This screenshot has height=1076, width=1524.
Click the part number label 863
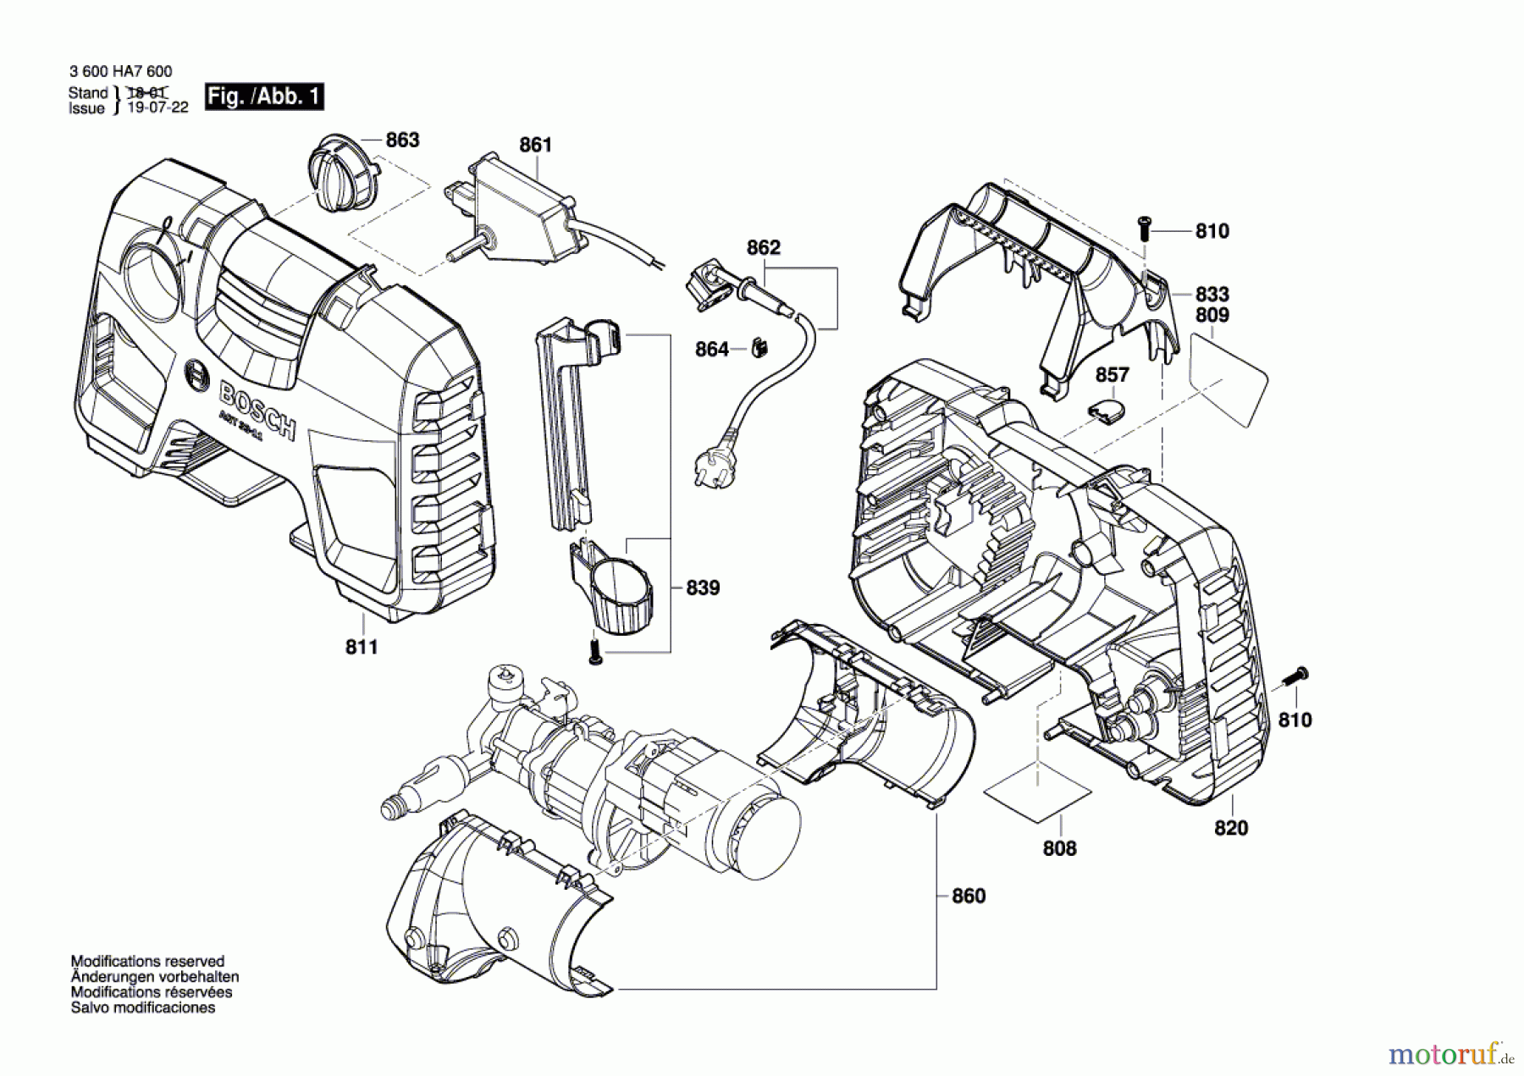click(x=402, y=141)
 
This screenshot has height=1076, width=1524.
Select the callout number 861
click(x=535, y=145)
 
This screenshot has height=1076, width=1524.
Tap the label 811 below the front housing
click(x=362, y=648)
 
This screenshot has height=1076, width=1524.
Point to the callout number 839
click(x=703, y=588)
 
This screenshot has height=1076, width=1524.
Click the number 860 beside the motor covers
click(x=969, y=896)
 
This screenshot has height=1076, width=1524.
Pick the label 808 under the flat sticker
click(x=1059, y=848)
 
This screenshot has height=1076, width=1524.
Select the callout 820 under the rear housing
click(x=1231, y=828)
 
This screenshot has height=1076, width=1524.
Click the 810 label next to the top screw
click(x=1212, y=231)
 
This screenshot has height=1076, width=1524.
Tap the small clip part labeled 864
click(x=759, y=348)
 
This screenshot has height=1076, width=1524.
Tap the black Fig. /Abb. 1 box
click(x=264, y=97)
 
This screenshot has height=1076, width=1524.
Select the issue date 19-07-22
click(x=157, y=108)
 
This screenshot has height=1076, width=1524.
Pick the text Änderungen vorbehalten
click(x=155, y=977)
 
